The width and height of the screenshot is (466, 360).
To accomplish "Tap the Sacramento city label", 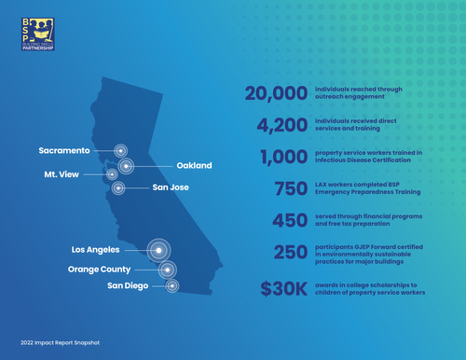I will point(64,149).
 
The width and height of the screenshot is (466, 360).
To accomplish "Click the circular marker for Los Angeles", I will point(160,249).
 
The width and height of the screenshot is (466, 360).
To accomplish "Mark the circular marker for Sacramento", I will point(120,149).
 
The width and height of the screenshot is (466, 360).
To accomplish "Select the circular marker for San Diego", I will point(172,285).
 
